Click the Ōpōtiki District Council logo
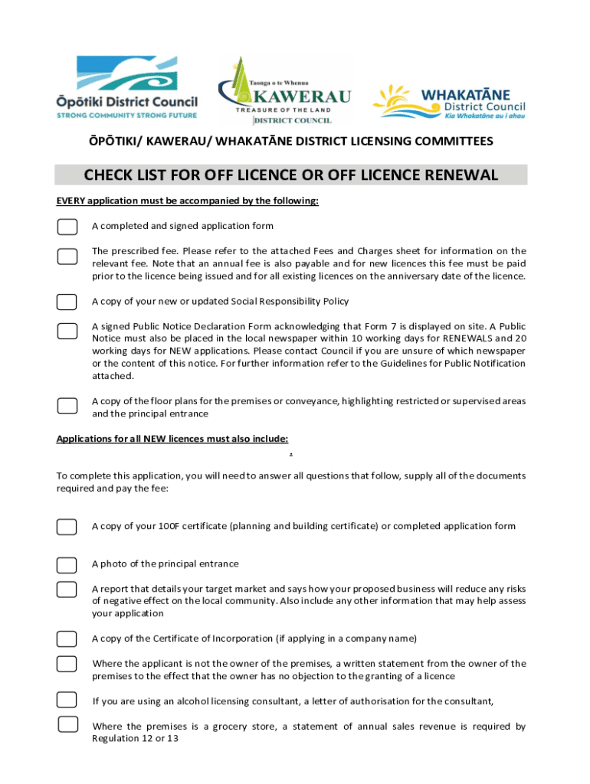[126, 88]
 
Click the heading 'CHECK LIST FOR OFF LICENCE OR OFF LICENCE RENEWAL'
[291, 175]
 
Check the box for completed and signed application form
[67, 226]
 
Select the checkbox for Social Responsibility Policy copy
[67, 301]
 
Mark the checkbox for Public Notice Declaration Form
[67, 331]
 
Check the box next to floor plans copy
[67, 406]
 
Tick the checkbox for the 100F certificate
[67, 527]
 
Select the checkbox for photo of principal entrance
[67, 565]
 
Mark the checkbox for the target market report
[67, 589]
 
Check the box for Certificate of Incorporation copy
[67, 639]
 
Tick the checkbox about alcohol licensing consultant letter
[67, 700]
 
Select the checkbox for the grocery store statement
[68, 724]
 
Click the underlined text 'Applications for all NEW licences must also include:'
[172, 439]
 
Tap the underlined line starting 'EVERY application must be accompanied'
[187, 201]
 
